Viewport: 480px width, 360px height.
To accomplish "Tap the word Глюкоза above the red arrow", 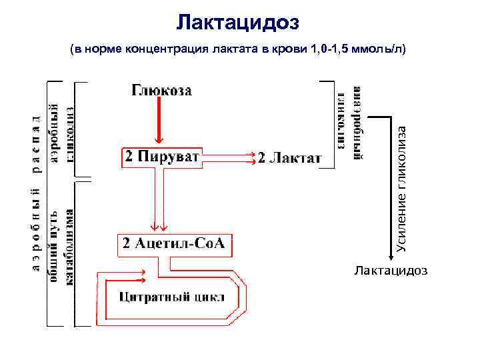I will coord(162,91).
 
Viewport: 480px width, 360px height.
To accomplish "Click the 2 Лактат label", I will coord(289,159).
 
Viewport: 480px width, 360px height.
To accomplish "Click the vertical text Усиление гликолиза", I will coord(401,187).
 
